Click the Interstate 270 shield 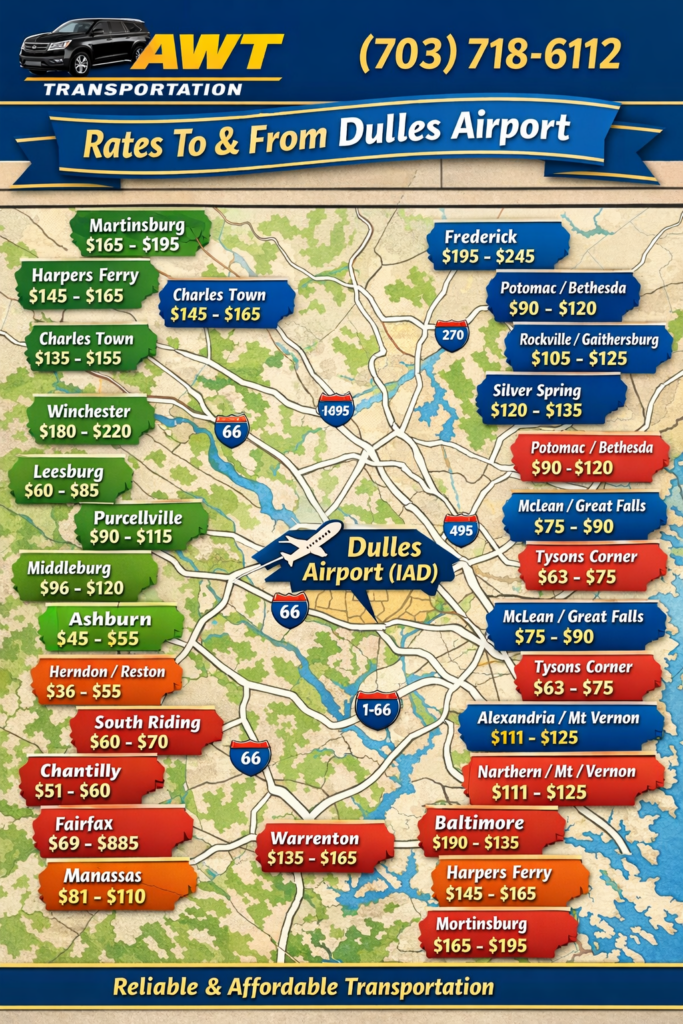click(452, 334)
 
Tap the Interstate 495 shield click(460, 529)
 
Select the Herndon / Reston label click(108, 681)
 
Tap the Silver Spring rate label click(550, 400)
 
